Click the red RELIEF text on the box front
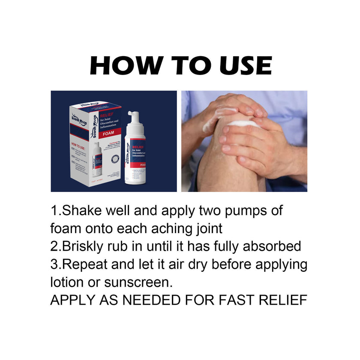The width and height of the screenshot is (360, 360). click(107, 115)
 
